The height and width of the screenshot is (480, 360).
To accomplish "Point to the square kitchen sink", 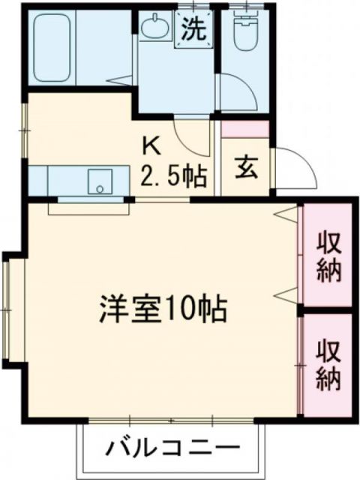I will [100, 181].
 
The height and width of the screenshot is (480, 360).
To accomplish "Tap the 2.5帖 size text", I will [174, 177].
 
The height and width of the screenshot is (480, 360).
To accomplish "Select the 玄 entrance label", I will [247, 167].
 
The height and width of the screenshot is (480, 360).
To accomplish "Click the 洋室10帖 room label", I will [164, 307].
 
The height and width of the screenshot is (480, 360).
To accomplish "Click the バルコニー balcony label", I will [168, 449].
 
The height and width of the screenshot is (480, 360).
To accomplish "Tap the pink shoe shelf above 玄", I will [245, 128].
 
